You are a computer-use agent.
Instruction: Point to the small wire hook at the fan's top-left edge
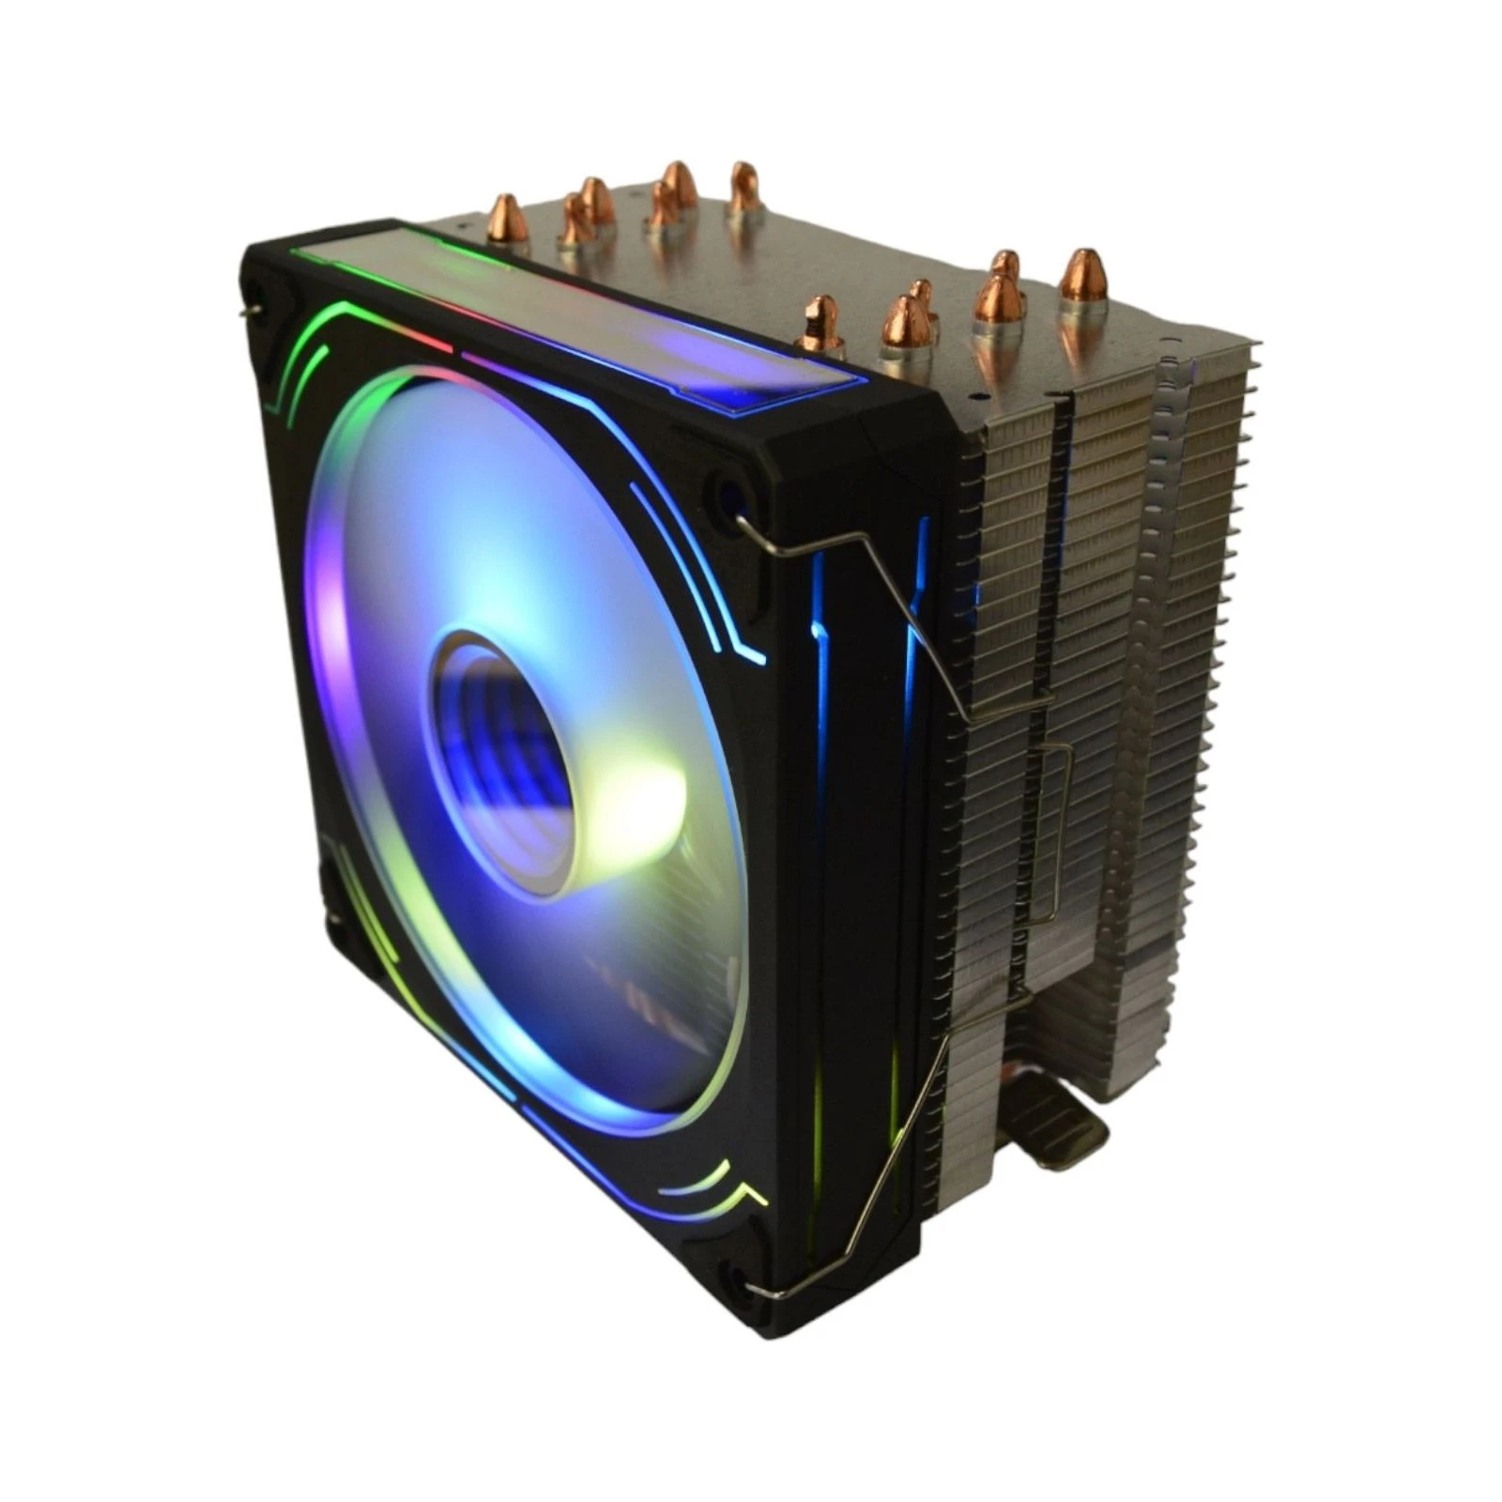(248, 310)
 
